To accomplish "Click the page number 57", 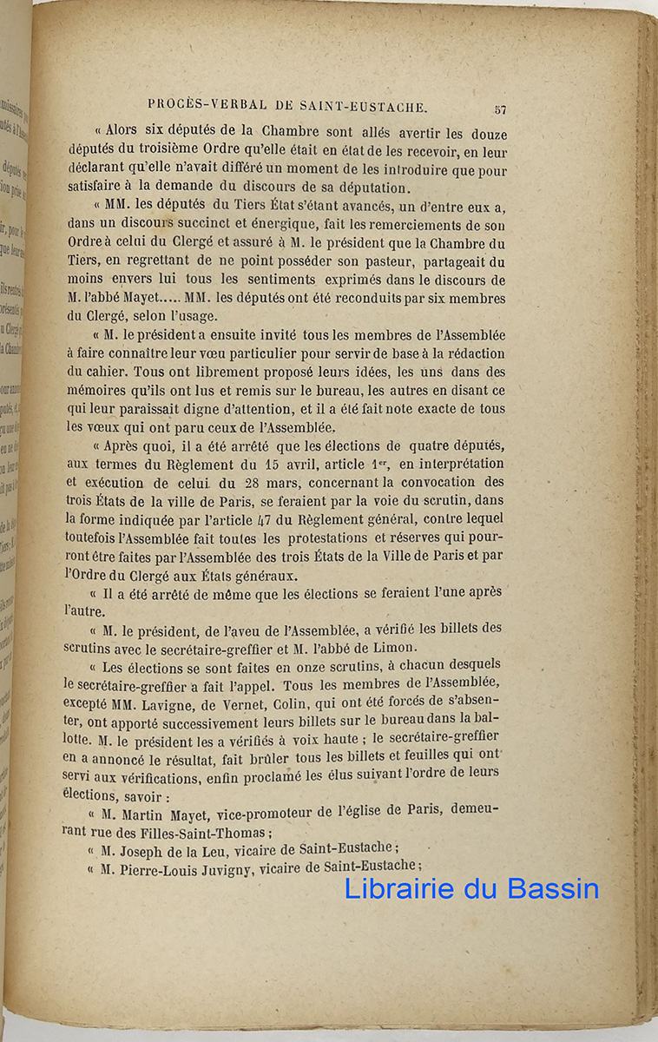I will coord(500,109).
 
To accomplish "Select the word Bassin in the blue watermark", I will coord(554,888).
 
